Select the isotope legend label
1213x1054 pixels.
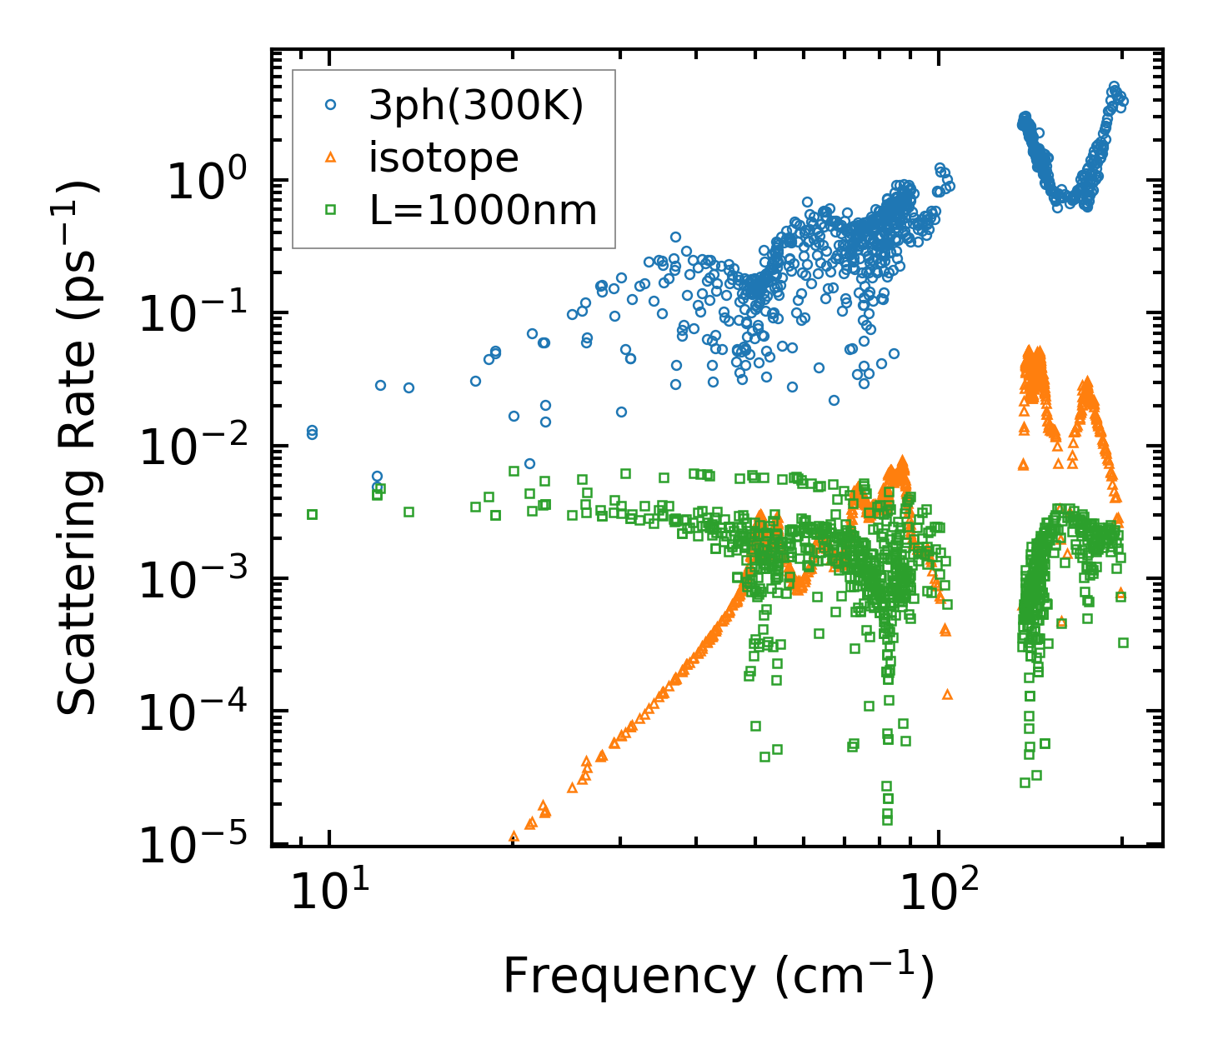coord(444,157)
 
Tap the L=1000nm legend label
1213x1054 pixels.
coord(483,211)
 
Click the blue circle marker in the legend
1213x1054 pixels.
coord(331,105)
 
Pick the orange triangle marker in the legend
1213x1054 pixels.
coord(331,157)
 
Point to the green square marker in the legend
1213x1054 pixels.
coord(331,210)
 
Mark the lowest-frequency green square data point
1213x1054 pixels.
coord(313,514)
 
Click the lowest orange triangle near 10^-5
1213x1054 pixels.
coord(514,836)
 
